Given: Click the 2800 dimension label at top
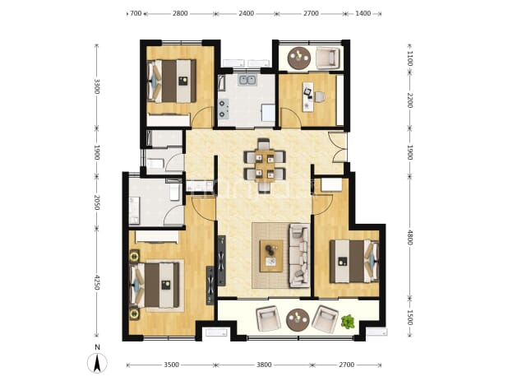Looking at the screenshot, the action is coord(180,14).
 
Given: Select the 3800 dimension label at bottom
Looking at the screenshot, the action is coord(264,365).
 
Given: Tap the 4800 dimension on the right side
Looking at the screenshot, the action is coord(410,238).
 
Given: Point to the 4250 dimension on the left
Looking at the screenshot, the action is coord(97,283).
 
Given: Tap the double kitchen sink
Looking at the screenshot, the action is coord(248,80).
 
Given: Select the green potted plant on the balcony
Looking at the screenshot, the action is coord(348,322).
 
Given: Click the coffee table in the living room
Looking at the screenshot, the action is coord(271,256).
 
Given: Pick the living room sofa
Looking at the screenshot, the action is coord(300,256).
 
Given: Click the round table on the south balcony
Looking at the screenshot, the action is coord(298,320).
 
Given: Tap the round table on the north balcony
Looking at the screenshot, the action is coord(299,58).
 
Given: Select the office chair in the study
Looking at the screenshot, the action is coord(319,96).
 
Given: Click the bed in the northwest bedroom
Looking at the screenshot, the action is coord(172,81).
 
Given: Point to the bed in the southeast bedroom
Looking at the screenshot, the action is coord(354,261).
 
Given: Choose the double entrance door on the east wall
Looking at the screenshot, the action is coord(338,147).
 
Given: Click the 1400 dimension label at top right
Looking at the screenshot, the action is coord(363,14).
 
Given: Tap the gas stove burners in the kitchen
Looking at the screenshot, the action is coord(223,109).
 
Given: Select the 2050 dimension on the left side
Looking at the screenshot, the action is coord(97,202).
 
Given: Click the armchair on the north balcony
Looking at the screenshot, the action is coord(328,58).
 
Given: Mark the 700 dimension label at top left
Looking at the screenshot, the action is coord(136,14).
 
